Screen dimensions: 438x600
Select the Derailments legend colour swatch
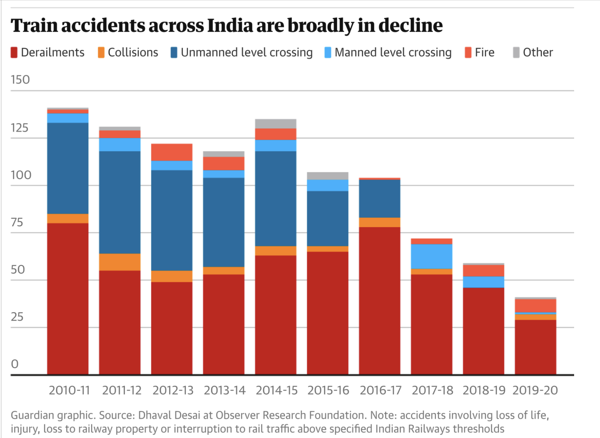pos(14,52)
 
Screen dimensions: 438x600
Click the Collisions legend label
pos(133,52)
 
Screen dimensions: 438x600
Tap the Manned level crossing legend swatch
pos(328,52)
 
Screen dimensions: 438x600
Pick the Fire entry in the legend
pos(484,52)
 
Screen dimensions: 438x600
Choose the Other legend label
pos(538,52)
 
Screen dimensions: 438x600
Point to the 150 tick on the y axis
pos(20,80)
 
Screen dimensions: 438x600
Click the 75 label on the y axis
pos(17,223)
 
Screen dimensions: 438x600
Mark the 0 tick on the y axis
pos(15,364)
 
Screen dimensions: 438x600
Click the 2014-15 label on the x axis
pos(276,390)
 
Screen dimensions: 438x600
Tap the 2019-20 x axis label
pos(535,390)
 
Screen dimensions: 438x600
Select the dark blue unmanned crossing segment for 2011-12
pos(120,202)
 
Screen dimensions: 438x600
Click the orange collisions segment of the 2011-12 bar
pos(120,262)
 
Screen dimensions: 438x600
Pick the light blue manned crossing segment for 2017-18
pos(431,256)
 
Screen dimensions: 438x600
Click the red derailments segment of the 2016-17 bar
pos(379,300)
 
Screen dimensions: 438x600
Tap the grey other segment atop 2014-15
pos(276,123)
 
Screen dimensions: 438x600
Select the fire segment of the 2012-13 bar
pos(172,152)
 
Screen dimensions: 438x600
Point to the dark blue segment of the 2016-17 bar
pos(379,198)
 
